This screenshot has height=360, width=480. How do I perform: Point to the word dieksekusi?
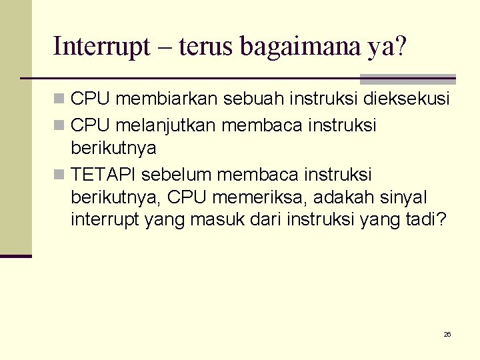407,99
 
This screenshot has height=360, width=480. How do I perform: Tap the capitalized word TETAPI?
103,175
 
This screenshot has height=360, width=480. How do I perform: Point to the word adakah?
343,198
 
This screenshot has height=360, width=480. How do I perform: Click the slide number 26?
447,334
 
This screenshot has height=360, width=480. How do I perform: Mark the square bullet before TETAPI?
59,175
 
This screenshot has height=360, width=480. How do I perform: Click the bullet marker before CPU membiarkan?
59,99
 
